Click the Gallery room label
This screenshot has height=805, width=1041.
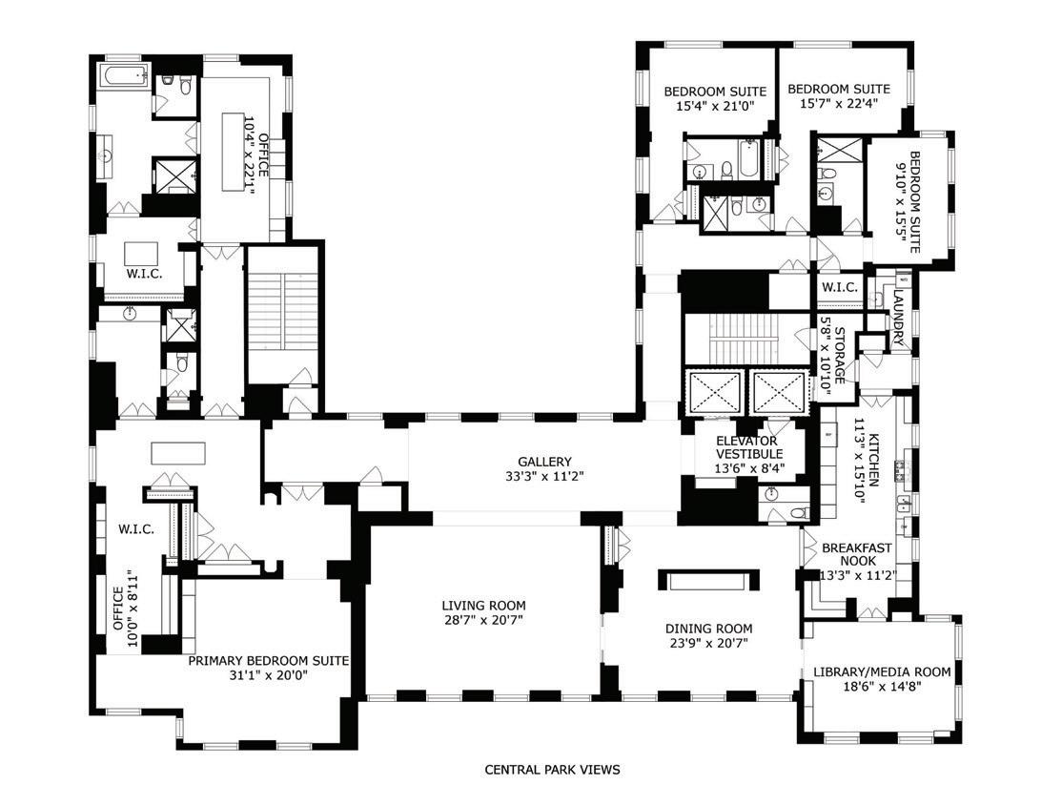(x=544, y=462)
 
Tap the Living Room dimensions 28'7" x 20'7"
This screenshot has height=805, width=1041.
(x=484, y=620)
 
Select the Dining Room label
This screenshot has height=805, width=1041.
(x=709, y=629)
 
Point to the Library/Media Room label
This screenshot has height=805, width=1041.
(x=883, y=672)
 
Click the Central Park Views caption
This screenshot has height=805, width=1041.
(x=552, y=770)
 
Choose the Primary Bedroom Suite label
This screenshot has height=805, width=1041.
(x=269, y=661)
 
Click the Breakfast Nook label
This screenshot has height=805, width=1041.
(x=857, y=554)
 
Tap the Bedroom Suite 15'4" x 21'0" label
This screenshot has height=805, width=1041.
(x=715, y=92)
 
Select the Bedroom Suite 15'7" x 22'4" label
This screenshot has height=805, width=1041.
(x=839, y=89)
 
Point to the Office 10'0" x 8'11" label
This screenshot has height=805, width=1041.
(x=117, y=609)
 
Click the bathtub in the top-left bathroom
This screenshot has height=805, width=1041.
(x=126, y=76)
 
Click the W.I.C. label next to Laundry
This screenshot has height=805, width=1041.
(x=840, y=288)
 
